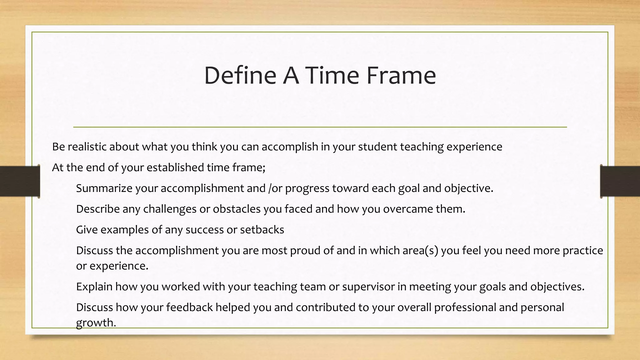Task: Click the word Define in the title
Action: click(240, 76)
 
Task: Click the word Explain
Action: click(94, 287)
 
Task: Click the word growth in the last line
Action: click(96, 323)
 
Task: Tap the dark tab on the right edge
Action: click(620, 181)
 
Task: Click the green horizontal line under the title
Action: click(320, 127)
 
